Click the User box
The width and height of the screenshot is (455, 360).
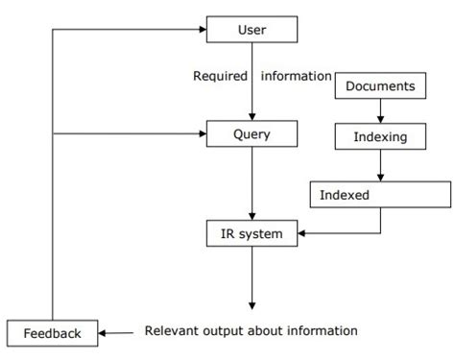pos(251,31)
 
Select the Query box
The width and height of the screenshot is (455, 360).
pos(251,134)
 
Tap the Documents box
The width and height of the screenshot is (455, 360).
pos(379,87)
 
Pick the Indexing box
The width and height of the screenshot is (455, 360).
pos(379,137)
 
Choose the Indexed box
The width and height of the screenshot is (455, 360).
pos(379,195)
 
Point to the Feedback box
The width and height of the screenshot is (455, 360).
pos(52,333)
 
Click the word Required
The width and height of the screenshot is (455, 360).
pos(221,76)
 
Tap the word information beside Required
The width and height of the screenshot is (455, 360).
pos(294,76)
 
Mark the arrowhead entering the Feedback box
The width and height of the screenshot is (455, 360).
pos(104,333)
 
